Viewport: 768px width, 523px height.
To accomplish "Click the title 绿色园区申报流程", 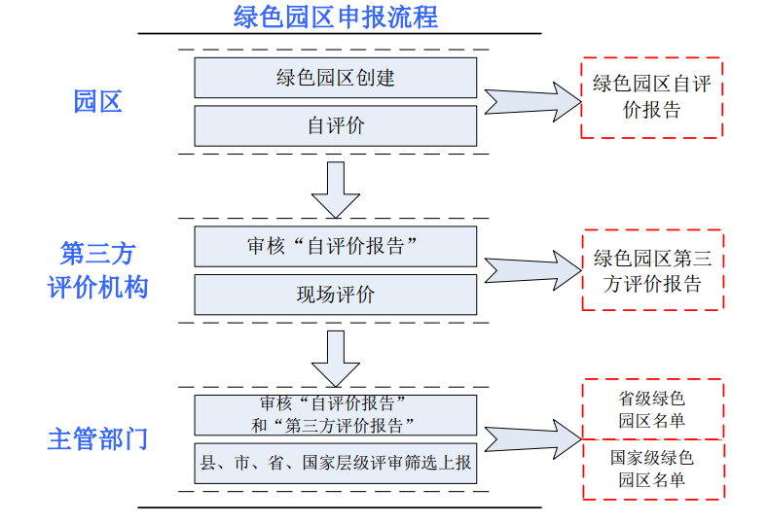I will pos(336,17).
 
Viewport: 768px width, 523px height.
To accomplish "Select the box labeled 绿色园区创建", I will pos(335,78).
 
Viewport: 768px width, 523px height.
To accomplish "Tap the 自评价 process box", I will pos(335,126).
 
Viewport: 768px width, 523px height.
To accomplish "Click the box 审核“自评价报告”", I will pos(335,247).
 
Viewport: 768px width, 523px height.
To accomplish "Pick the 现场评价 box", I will pos(335,295).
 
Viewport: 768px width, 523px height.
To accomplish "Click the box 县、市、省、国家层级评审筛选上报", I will pos(335,463).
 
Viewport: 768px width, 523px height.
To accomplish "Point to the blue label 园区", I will pos(97,101).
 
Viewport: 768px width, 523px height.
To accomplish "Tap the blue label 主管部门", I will pos(97,438).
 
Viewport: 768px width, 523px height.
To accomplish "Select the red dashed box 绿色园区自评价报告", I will pos(651,97).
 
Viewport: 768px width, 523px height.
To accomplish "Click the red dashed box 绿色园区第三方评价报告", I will pos(651,270).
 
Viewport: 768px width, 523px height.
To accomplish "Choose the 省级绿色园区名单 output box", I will pos(651,409).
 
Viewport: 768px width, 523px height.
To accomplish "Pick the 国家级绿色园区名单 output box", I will pos(651,469).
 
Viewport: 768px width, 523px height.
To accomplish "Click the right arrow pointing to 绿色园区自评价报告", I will pos(530,101).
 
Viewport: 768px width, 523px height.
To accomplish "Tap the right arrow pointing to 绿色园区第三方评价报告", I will pos(530,271).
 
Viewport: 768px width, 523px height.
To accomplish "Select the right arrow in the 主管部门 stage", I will pos(530,438).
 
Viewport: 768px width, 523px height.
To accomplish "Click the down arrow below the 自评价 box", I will pos(336,189).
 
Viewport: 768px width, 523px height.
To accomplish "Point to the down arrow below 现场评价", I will pos(336,357).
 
